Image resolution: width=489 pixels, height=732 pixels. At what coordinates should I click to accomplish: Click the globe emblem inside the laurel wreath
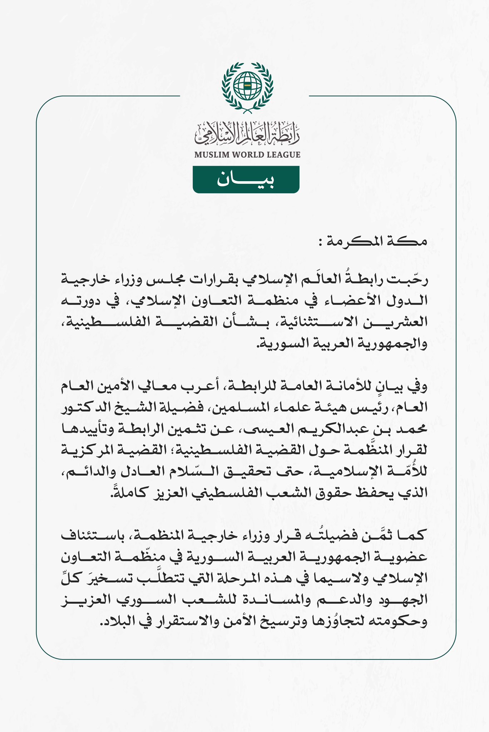tap(247, 86)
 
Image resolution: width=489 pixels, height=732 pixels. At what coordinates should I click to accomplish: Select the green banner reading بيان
tap(246, 180)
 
